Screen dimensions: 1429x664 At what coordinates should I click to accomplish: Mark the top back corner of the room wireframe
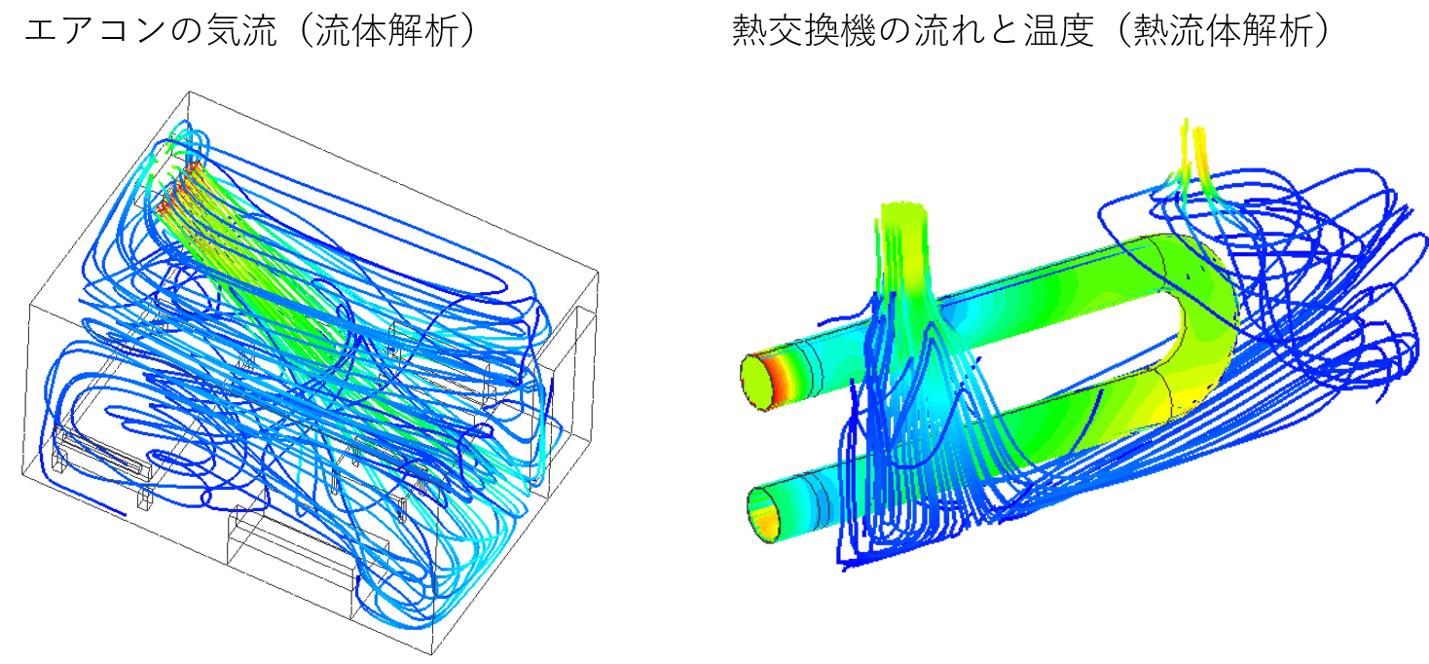point(190,92)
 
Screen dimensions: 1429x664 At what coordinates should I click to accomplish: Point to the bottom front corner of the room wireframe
point(431,654)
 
